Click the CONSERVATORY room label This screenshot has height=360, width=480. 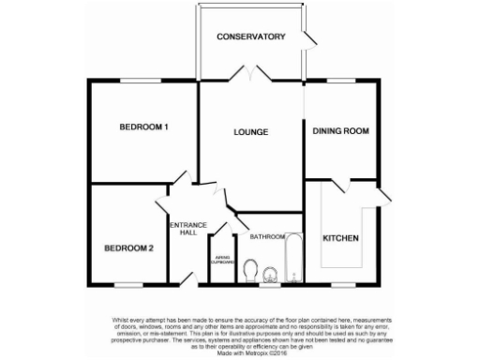tap(250, 37)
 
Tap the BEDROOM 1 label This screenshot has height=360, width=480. tap(143, 127)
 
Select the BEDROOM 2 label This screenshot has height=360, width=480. tap(127, 248)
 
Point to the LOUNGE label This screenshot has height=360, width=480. tap(251, 132)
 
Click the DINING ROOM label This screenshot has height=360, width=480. tap(340, 131)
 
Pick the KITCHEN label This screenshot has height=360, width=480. tap(340, 239)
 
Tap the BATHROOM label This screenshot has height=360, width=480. tap(266, 237)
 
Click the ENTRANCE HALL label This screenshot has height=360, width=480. tap(187, 229)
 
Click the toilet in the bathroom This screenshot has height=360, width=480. tap(250, 272)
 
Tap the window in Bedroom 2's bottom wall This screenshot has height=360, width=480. tap(127, 284)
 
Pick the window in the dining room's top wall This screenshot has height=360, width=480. tap(340, 82)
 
